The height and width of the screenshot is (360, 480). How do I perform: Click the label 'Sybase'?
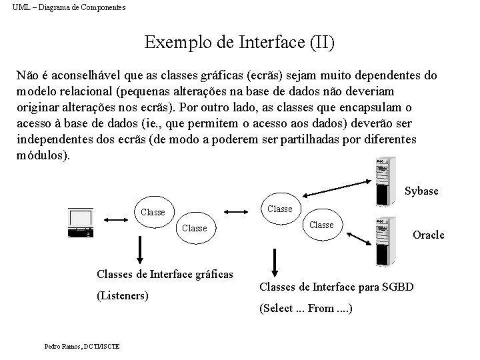(x=421, y=191)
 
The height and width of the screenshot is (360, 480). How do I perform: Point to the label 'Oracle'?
(x=428, y=235)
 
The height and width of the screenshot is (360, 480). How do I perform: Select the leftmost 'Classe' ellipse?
(x=153, y=212)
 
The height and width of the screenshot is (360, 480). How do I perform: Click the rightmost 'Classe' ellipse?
(x=321, y=225)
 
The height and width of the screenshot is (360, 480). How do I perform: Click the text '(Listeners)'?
(x=123, y=295)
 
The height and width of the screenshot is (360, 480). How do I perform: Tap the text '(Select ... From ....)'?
(x=306, y=309)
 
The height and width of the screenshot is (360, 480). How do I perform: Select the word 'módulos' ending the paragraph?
(x=39, y=155)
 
